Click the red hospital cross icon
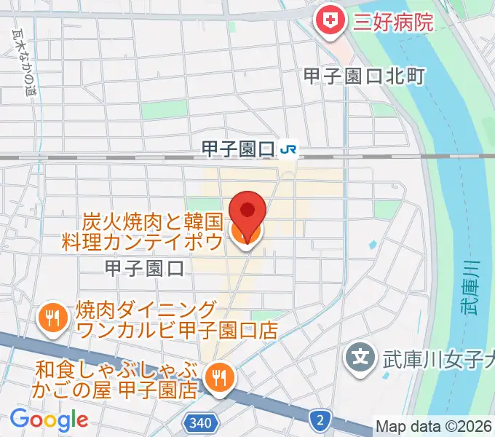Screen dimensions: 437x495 [x=330, y=20]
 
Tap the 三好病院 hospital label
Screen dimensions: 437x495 [x=392, y=20]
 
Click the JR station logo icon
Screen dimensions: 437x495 [x=288, y=149]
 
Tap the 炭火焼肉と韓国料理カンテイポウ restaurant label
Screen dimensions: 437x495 [x=153, y=230]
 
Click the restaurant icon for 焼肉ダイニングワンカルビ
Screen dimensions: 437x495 [x=52, y=318]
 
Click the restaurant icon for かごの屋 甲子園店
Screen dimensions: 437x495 [x=216, y=377]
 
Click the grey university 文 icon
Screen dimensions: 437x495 [x=359, y=358]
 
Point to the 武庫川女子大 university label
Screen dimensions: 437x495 [x=436, y=358]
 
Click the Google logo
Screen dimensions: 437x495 [x=49, y=420]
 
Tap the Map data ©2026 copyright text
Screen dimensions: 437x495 [x=434, y=426]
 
